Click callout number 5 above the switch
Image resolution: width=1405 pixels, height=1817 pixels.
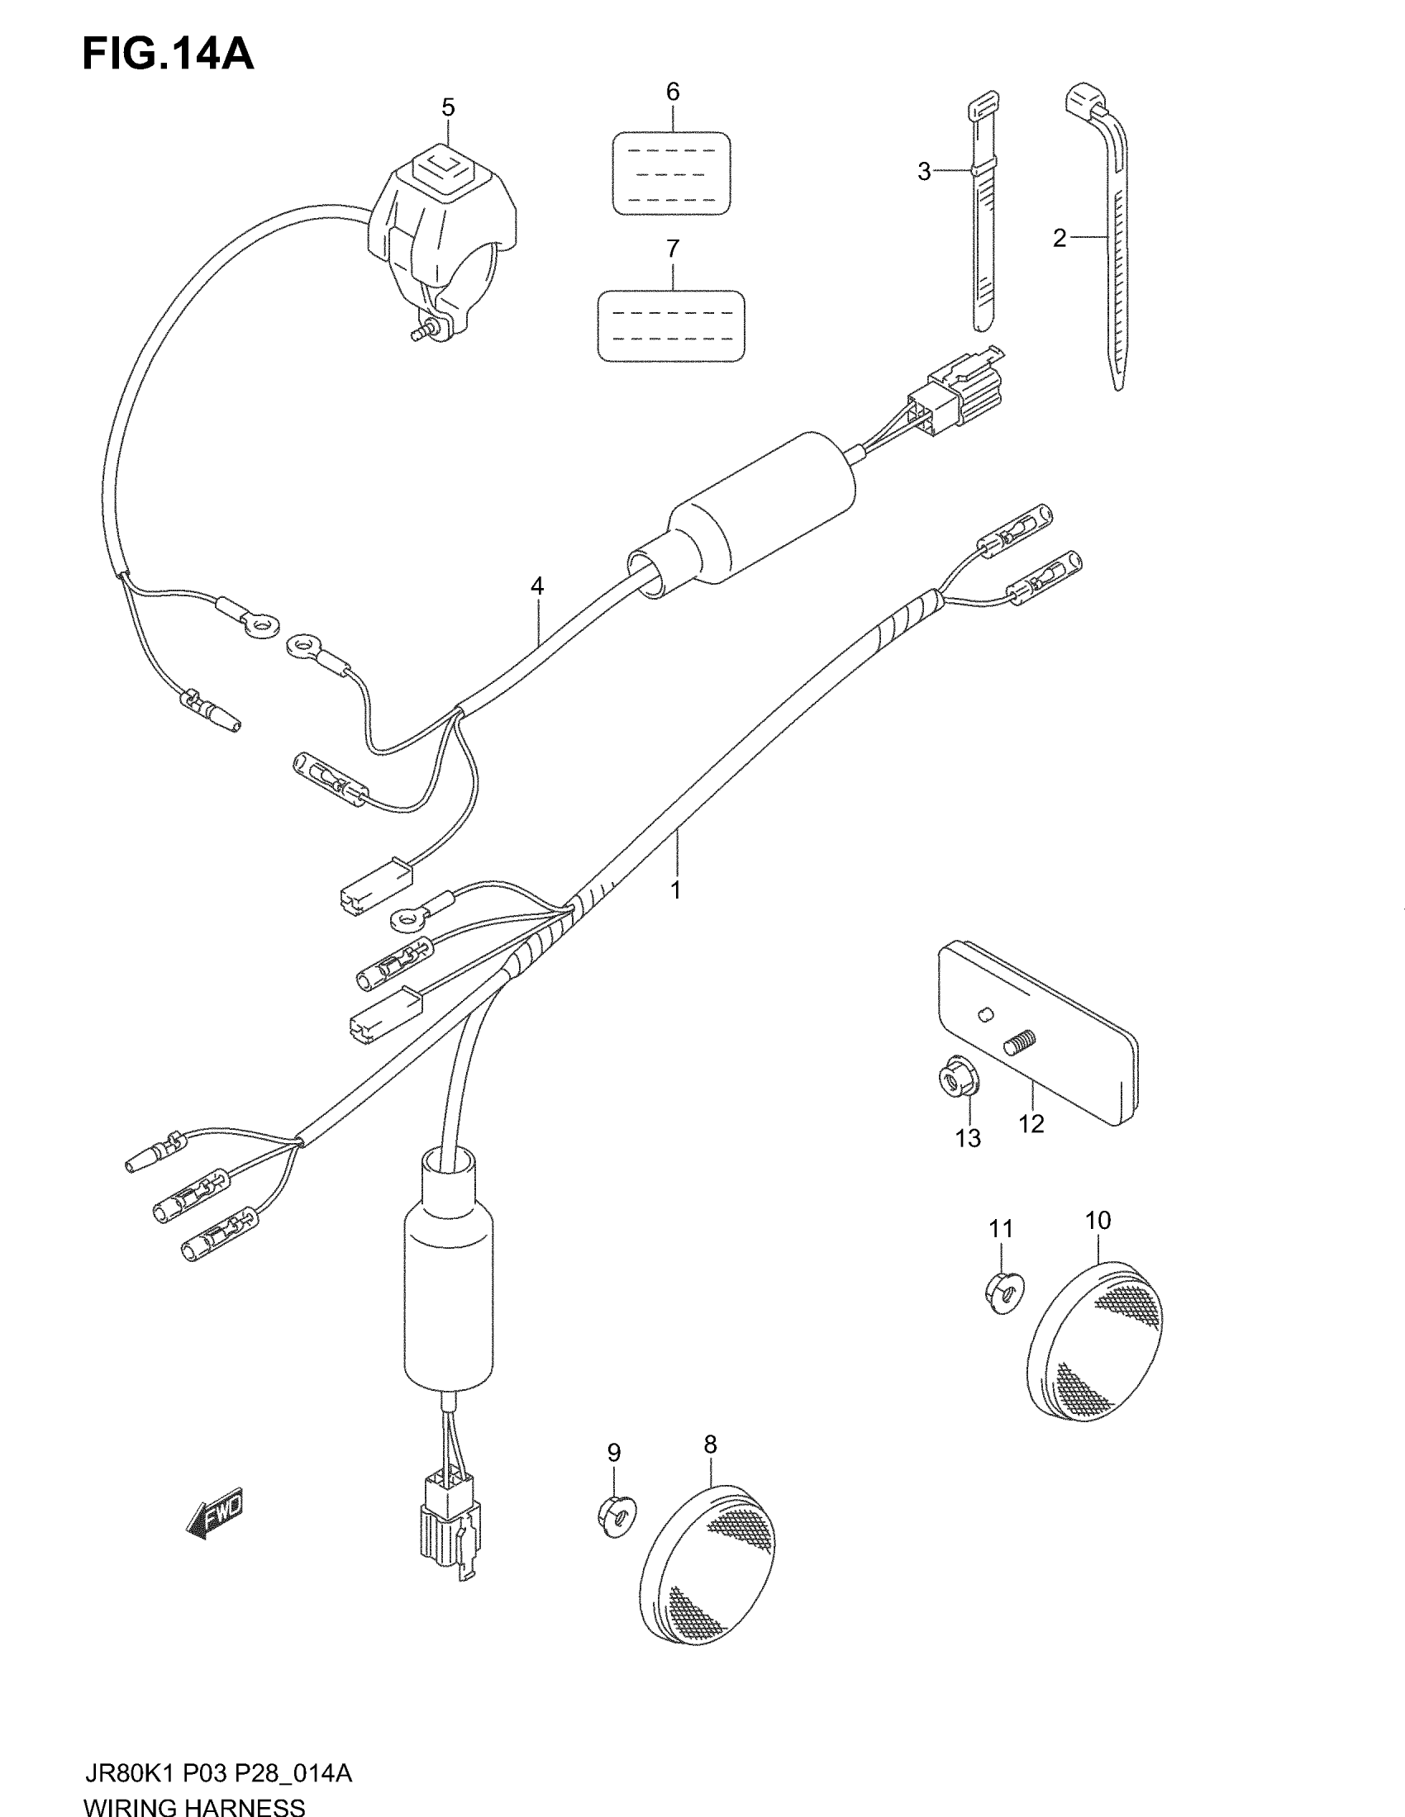(x=448, y=107)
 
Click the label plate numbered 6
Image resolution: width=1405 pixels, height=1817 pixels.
(x=672, y=173)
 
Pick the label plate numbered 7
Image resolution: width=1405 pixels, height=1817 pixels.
(x=671, y=325)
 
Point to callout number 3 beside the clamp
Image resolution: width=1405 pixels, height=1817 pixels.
(x=924, y=172)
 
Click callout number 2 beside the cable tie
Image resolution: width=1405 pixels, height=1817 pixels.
(x=1059, y=239)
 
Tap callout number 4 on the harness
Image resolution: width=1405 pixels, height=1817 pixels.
(x=537, y=586)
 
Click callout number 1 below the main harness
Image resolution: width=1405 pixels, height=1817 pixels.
(x=676, y=890)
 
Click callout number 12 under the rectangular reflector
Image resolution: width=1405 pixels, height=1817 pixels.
(x=1031, y=1124)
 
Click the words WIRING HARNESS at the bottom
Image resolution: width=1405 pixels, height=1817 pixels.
(x=194, y=1805)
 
